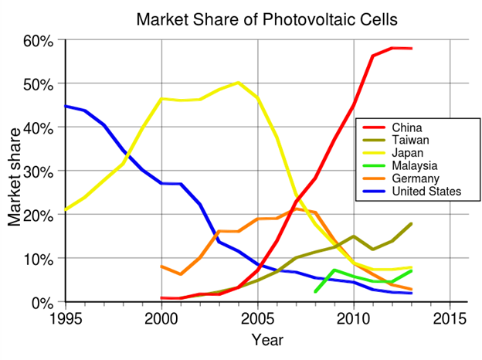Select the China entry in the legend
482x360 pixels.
(408, 127)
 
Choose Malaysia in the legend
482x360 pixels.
(415, 165)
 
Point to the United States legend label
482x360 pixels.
(426, 190)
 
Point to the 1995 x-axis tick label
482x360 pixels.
(66, 319)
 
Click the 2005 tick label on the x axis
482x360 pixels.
(258, 319)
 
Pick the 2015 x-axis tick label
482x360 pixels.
(450, 319)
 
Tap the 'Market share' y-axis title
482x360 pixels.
(15, 171)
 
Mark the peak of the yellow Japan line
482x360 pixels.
(239, 82)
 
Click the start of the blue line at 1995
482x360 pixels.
(66, 106)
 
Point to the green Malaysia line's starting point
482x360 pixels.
(315, 292)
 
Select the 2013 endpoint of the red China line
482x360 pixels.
(411, 49)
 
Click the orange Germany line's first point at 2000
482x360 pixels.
(161, 267)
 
